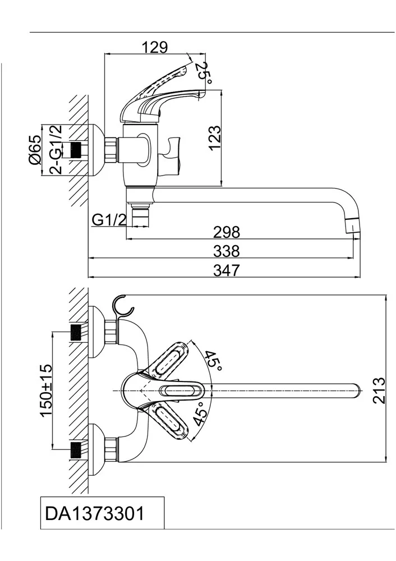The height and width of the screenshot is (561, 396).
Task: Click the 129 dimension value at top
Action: tap(155, 47)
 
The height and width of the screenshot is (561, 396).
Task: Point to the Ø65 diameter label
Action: tap(35, 150)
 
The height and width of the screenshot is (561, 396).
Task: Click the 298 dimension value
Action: tap(226, 232)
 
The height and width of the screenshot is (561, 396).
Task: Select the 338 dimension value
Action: tap(226, 250)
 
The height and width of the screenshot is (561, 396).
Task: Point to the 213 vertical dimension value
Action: tap(381, 390)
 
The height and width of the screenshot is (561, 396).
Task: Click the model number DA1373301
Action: tap(94, 513)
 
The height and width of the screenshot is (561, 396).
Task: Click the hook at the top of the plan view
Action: tap(124, 307)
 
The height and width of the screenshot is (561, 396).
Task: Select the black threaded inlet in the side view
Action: tap(76, 150)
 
